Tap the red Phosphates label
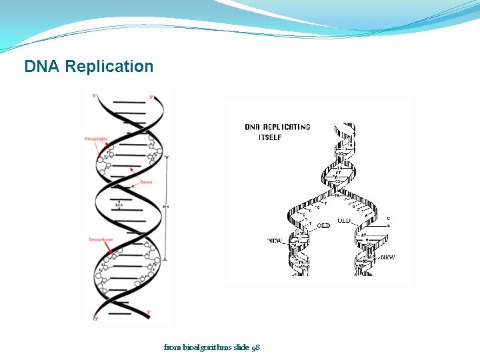[x=96, y=139]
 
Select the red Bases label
[x=146, y=182]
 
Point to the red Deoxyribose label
[x=100, y=239]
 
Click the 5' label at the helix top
[x=95, y=96]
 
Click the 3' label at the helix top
[x=152, y=97]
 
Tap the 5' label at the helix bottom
[x=150, y=312]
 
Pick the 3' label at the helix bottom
[x=95, y=319]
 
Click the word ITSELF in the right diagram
[x=270, y=137]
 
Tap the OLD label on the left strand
[x=323, y=226]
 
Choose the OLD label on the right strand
[x=344, y=221]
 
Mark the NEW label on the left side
[x=275, y=241]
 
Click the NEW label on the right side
[x=387, y=257]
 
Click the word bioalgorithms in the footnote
[x=203, y=347]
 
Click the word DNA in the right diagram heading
[x=253, y=127]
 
